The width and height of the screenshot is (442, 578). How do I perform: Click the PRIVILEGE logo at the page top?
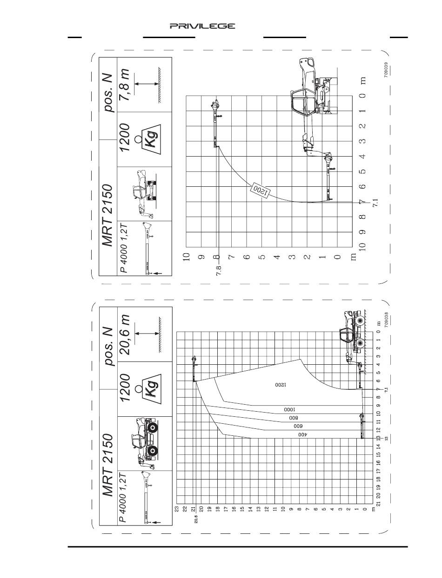point(202,26)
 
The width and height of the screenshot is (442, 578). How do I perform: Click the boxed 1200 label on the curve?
point(259,190)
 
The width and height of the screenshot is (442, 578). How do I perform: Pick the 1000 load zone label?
point(290,410)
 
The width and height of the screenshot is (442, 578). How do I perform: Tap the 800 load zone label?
point(293,418)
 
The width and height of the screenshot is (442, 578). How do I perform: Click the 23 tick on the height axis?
point(177,509)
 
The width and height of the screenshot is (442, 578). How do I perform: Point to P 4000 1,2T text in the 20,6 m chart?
point(123,497)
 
